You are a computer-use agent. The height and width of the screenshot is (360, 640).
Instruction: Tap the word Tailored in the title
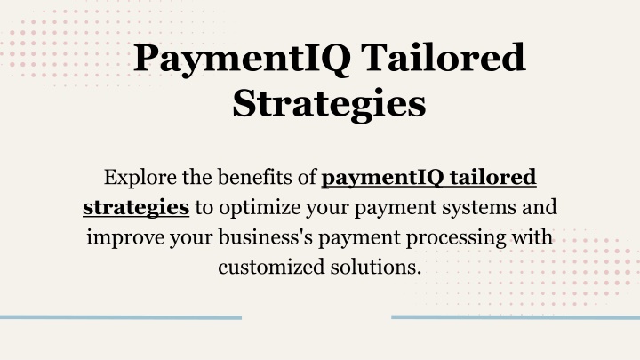click(444, 57)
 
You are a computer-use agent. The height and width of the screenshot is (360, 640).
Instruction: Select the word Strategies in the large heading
click(329, 105)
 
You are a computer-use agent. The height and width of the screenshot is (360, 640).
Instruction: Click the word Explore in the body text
click(140, 178)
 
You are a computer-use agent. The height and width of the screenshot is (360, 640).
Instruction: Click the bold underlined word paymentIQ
click(383, 178)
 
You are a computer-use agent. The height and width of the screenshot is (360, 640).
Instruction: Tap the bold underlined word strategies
click(136, 208)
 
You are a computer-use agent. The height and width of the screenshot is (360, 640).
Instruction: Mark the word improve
click(125, 237)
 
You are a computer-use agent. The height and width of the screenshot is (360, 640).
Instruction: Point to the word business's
click(266, 236)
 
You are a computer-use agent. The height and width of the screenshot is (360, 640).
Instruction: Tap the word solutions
click(375, 267)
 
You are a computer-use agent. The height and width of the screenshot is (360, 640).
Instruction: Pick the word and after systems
click(540, 207)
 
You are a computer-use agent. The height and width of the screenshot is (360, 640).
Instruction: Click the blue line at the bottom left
click(121, 317)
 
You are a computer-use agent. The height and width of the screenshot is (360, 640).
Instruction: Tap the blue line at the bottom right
click(516, 317)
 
